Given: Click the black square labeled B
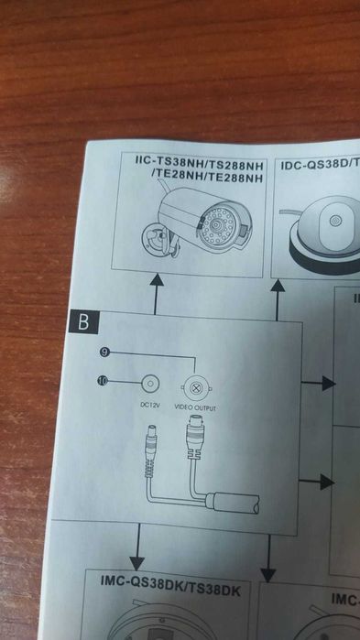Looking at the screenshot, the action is (x=83, y=321).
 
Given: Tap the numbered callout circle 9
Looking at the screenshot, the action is (x=104, y=353).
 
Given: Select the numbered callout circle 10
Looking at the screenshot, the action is (x=103, y=381).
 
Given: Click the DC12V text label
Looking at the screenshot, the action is (x=148, y=405).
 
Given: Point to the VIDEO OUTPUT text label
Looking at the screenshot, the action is (x=195, y=407).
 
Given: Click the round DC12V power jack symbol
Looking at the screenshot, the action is (x=150, y=384).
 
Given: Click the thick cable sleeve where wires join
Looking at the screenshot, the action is (x=232, y=502).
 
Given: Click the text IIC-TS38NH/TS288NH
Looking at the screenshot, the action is (x=199, y=167).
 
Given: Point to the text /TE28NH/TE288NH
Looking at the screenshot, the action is (x=206, y=178).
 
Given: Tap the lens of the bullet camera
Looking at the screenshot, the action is (x=222, y=224).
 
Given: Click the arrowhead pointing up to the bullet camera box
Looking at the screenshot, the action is (x=157, y=280).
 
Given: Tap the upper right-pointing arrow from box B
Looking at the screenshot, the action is (x=318, y=384).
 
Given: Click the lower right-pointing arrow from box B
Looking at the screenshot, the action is (x=317, y=482).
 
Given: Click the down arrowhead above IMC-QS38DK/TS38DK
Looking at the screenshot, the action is (x=136, y=564).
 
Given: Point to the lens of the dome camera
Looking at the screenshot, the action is (x=335, y=221).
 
